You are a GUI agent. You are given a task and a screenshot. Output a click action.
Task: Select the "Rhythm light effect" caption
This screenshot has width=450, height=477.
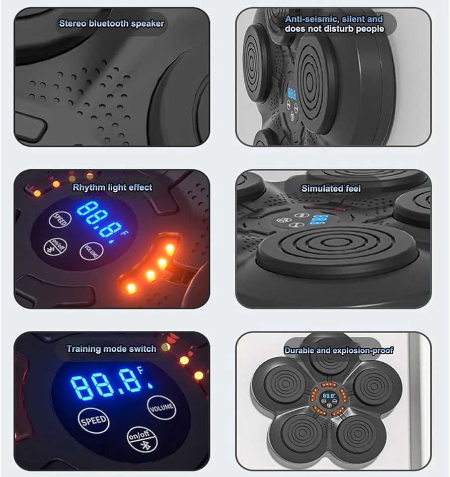coord(112,187)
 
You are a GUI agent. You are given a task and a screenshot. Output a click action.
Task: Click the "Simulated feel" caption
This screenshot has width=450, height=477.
coord(331,189)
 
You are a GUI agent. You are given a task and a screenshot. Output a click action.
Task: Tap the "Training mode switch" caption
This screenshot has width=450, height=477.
coord(111,349)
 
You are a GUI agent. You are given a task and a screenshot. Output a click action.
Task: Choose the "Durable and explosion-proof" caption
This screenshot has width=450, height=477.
coord(339,350)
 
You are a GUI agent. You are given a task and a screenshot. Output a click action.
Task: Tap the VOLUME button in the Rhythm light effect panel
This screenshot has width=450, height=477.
coord(91,251)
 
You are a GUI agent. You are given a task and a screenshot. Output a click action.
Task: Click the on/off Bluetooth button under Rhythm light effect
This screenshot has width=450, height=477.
coord(55,247)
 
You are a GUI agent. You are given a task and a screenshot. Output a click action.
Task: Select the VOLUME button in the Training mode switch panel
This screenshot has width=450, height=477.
coord(162,408)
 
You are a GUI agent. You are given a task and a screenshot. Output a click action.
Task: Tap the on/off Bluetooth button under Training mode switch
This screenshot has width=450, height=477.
coord(142,439)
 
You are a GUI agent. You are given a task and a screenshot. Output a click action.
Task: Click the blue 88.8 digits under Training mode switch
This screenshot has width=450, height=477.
coord(106,384)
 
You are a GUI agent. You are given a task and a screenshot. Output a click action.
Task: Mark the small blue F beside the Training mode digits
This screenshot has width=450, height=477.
coord(140,370)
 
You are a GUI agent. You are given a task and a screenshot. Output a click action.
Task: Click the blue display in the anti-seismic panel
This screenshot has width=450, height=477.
coord(291,94)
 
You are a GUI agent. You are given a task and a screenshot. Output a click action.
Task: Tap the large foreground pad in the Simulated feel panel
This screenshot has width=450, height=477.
coord(336,248)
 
